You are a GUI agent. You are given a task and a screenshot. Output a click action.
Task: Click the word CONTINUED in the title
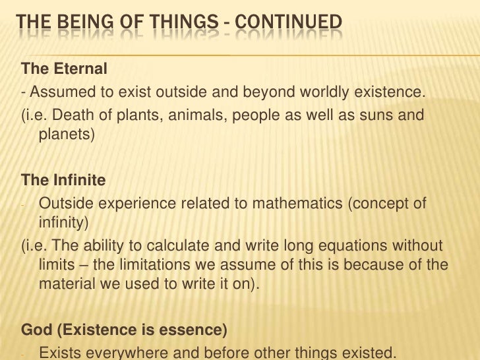(x=288, y=24)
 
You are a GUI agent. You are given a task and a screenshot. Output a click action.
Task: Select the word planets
(x=63, y=135)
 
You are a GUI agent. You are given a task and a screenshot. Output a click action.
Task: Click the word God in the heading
(x=35, y=330)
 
